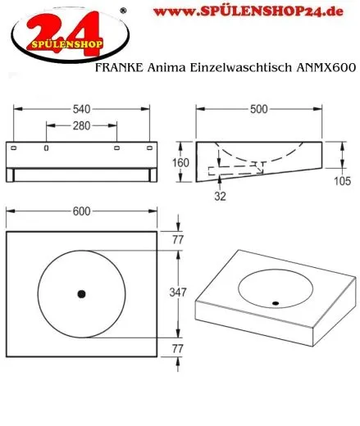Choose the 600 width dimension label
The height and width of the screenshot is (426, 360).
[x=81, y=211]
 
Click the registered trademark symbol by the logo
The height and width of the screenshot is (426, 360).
[x=124, y=10]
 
